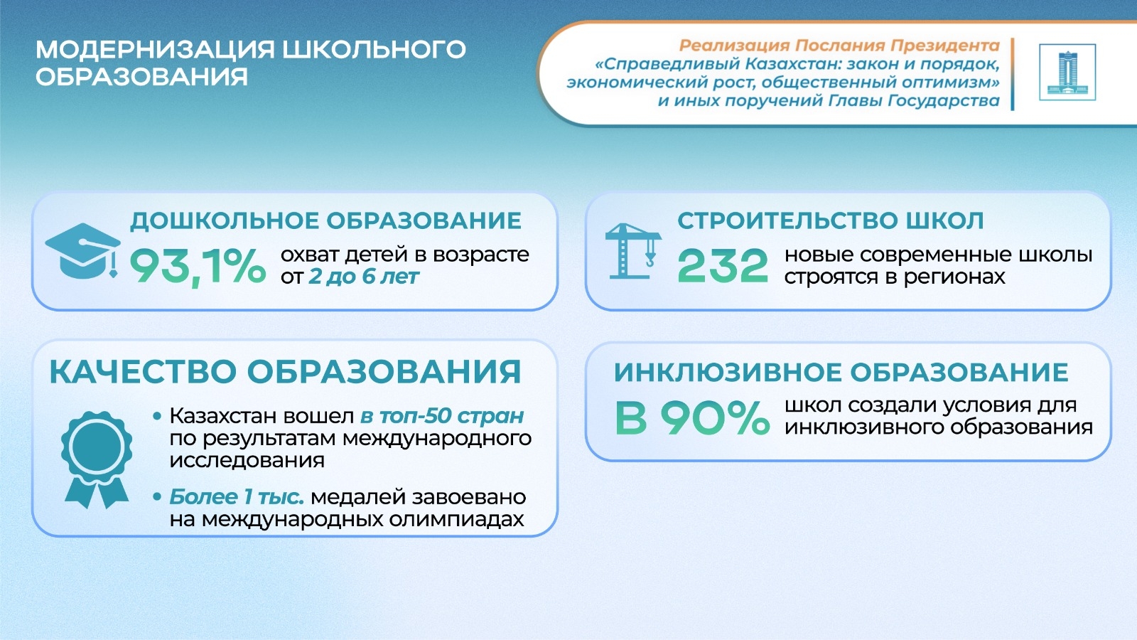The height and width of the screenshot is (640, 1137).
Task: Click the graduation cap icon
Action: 82,250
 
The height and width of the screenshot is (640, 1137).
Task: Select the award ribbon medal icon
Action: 97,459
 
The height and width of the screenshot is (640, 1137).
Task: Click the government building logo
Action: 1067,72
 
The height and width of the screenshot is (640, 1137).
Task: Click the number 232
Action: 722,265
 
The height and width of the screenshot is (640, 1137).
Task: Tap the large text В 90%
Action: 692,417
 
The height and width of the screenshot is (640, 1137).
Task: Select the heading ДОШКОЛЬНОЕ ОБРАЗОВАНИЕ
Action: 326,221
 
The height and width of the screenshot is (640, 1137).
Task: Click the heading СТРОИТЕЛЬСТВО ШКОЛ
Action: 831,221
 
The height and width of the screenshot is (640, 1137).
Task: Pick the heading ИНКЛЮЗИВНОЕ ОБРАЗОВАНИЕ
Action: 841,372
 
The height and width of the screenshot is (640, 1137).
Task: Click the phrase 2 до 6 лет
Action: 364,277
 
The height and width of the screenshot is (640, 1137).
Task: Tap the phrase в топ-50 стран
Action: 442,415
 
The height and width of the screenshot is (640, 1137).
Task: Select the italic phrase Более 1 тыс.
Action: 237,497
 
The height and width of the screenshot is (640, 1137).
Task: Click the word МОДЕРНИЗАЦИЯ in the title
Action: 155,50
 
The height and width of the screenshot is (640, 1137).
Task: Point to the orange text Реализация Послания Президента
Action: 839,46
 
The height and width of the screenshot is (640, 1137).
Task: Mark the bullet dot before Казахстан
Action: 157,417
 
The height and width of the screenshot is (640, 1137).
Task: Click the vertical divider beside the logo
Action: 1013,74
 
